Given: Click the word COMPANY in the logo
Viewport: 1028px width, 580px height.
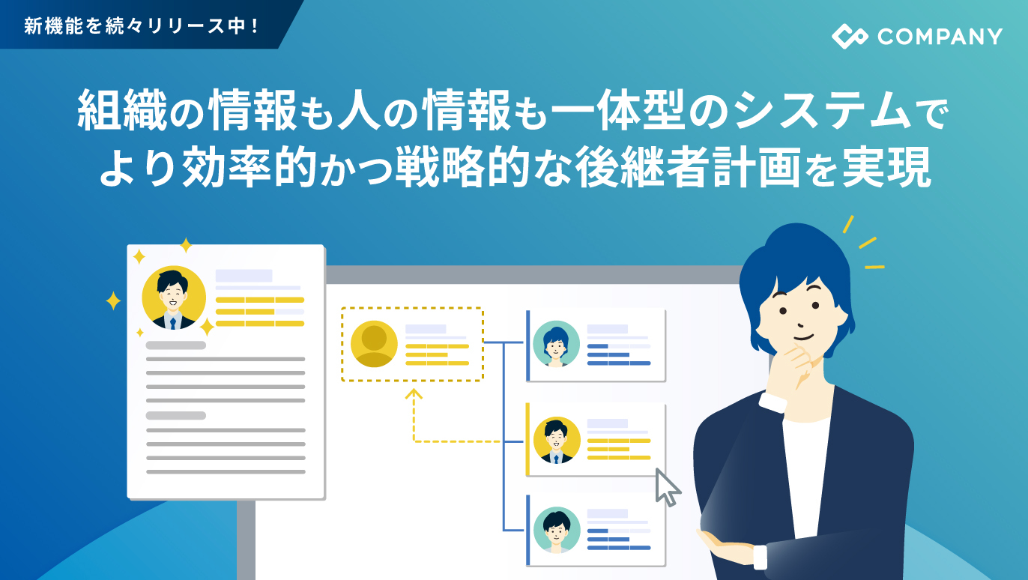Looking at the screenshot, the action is click(940, 37).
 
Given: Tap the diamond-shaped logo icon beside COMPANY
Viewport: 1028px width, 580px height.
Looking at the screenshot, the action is click(850, 36).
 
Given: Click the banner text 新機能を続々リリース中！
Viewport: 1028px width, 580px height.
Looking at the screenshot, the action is click(142, 25).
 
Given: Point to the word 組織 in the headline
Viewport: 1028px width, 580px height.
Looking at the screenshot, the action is click(122, 109).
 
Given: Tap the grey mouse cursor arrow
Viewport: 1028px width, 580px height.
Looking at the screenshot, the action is click(668, 487).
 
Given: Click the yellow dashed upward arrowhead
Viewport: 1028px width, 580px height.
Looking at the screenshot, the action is click(414, 395).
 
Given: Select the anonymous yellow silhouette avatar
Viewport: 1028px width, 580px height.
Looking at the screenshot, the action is click(374, 344).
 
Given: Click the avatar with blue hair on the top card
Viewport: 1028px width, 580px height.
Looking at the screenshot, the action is click(556, 344).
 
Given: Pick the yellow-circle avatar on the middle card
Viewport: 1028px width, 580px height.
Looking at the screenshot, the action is click(557, 440).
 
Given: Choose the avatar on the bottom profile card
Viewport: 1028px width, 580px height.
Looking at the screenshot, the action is click(557, 530).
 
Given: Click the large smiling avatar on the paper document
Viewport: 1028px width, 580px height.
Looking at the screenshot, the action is click(174, 297).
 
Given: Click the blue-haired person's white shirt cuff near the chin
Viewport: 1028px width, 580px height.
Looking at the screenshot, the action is click(772, 402).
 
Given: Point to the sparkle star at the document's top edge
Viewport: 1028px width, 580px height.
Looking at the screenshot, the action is click(185, 245).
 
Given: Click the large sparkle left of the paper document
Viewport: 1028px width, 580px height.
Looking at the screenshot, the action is click(113, 301).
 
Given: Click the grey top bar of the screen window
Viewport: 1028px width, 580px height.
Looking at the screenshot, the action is click(532, 275).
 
